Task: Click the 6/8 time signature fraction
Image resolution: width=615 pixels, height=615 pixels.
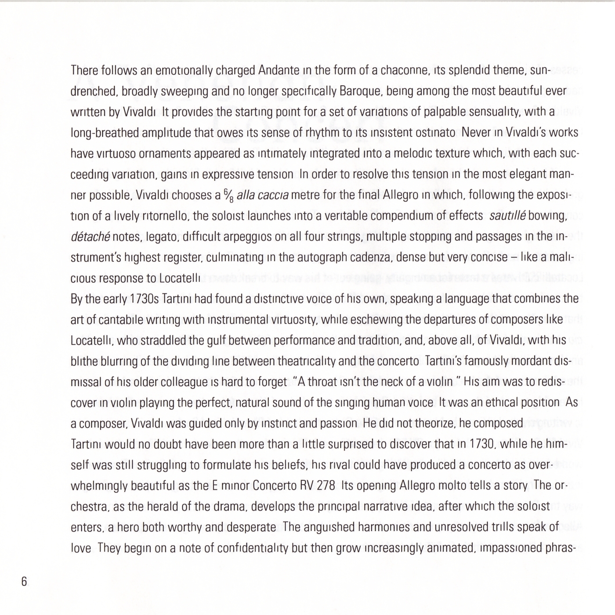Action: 228,195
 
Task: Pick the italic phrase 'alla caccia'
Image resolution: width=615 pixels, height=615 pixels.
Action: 262,195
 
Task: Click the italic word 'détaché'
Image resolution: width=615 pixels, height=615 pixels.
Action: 90,237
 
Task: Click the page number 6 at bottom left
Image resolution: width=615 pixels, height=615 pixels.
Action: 24,582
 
